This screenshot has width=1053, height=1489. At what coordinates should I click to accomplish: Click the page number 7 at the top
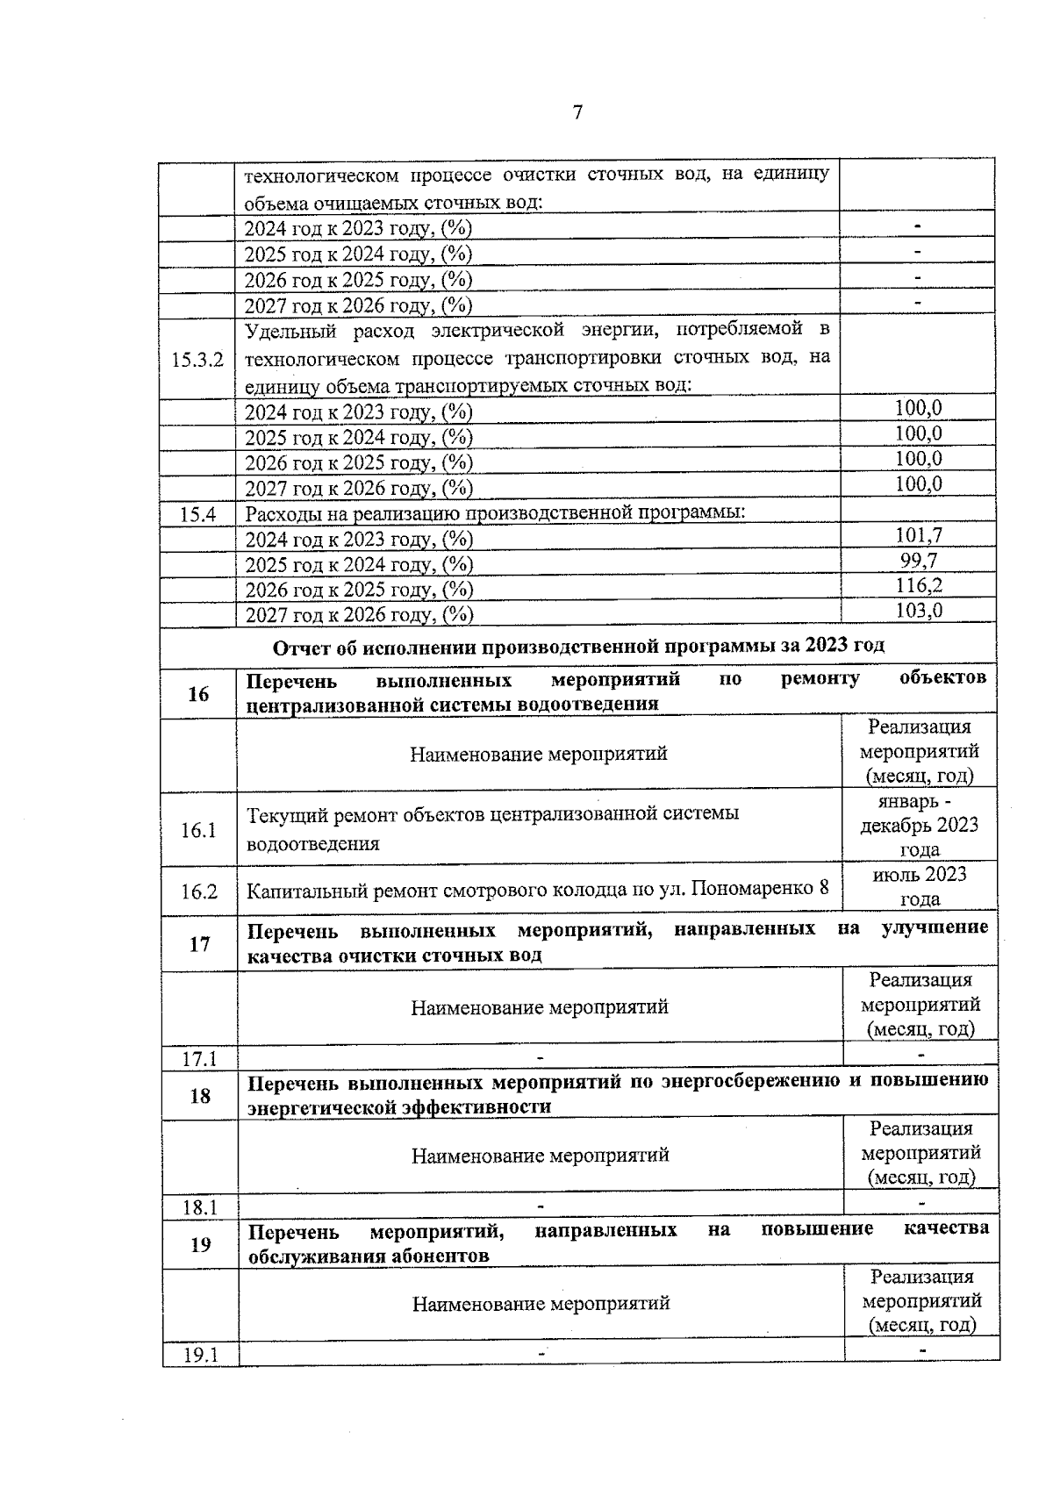577,112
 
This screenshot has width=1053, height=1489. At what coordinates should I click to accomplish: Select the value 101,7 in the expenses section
919,534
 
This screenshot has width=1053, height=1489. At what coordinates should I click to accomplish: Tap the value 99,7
919,560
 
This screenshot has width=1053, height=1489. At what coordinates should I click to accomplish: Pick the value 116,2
919,585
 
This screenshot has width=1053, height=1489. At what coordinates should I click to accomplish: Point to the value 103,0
919,611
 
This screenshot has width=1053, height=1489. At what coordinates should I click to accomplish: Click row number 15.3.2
197,360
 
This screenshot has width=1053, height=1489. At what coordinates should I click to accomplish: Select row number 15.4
197,515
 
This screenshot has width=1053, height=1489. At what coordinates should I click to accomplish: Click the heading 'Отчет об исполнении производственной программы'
578,646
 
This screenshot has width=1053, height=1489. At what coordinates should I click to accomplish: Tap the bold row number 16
198,694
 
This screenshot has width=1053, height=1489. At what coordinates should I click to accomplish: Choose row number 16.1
198,830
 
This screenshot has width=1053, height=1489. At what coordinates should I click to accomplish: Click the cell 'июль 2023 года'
920,886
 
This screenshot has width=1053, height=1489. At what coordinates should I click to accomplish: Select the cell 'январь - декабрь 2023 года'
920,825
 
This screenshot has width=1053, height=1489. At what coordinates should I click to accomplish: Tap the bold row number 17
199,944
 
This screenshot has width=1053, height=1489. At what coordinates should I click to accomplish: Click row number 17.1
199,1059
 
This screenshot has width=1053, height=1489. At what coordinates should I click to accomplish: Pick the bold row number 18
200,1095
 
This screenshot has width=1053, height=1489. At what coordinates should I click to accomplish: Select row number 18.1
200,1207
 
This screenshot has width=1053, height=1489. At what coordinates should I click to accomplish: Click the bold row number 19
200,1244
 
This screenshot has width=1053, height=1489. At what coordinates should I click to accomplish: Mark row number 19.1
200,1356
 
